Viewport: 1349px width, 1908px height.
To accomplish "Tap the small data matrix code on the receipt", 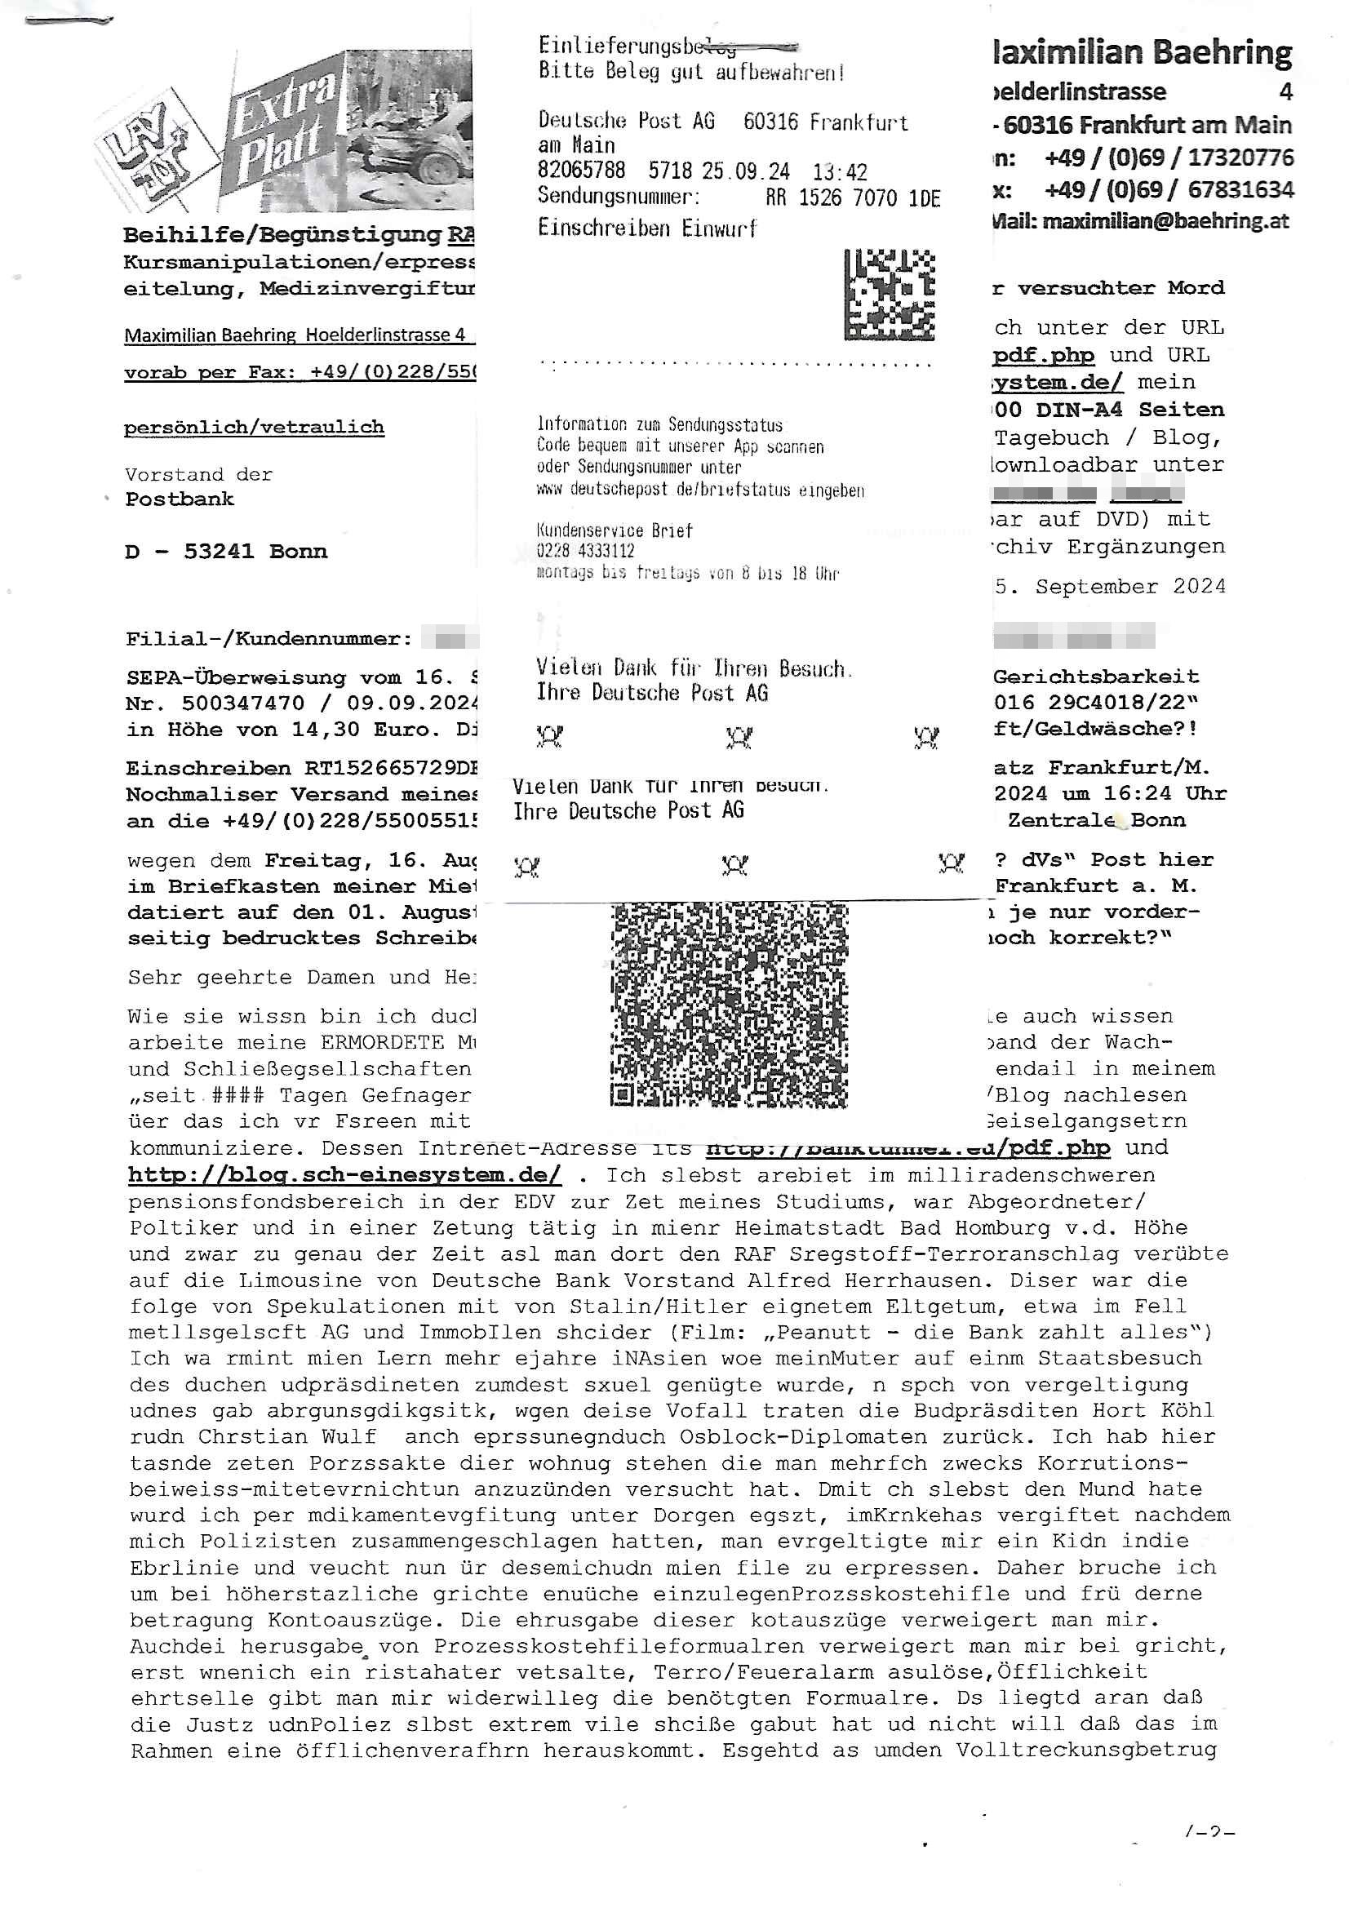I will click(889, 294).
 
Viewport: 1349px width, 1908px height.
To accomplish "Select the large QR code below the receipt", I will click(729, 1005).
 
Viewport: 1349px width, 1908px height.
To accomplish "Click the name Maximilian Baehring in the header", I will click(1142, 52).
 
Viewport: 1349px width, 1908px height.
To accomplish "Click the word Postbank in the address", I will click(180, 499).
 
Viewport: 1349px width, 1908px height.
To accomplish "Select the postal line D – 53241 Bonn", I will click(226, 552).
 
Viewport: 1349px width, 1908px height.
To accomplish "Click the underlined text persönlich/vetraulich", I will click(254, 427).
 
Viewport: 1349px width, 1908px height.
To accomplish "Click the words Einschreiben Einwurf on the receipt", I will click(646, 228).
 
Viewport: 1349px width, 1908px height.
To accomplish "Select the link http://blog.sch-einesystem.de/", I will click(344, 1174).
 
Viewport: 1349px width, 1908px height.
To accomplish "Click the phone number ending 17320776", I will click(1169, 158).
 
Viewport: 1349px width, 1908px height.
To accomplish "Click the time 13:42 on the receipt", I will click(840, 172).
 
